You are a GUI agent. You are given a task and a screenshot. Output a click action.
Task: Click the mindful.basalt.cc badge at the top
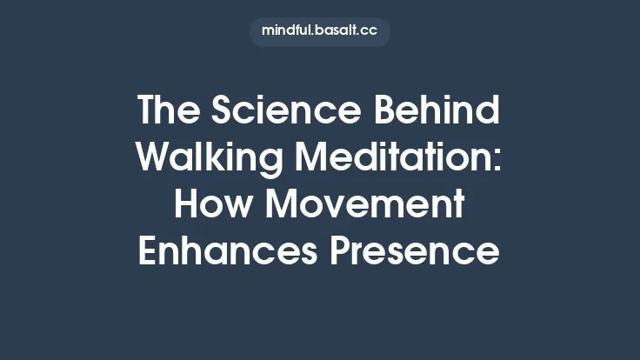tap(320, 31)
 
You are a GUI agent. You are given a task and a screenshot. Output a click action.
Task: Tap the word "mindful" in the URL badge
tap(287, 31)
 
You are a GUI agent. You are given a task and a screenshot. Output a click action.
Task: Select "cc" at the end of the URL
tap(370, 31)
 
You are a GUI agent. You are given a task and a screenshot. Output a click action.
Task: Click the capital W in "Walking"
tap(154, 158)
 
